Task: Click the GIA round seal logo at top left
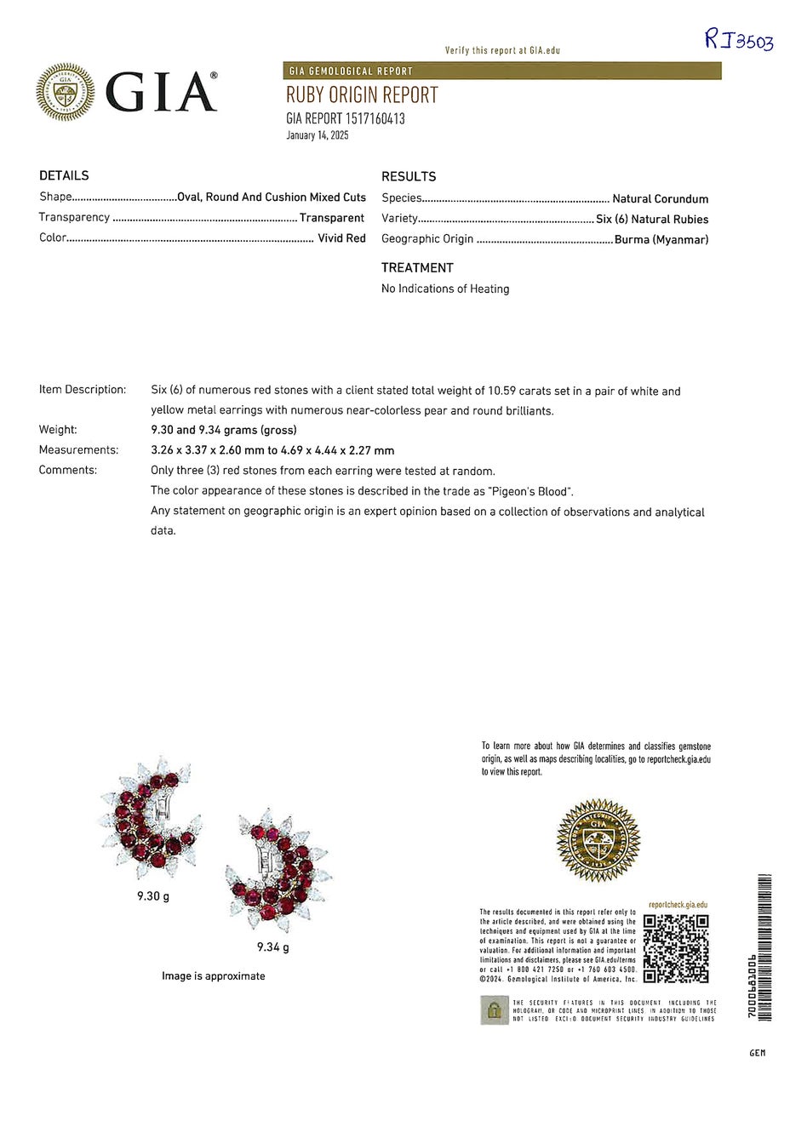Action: tap(66, 92)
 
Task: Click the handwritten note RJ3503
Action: tap(738, 39)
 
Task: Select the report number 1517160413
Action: tap(375, 119)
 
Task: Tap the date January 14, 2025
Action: tap(318, 135)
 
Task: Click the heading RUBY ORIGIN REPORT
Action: tap(362, 95)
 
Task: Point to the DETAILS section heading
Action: tap(64, 175)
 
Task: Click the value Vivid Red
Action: tap(341, 238)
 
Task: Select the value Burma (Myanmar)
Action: tap(661, 240)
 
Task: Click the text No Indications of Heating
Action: tap(445, 289)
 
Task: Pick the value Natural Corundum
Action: tap(660, 199)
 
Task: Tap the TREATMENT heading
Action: tap(417, 267)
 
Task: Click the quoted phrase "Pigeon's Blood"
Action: tap(530, 491)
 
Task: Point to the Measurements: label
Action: tap(78, 449)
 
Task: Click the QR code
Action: tap(676, 948)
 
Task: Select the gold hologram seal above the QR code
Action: tap(598, 840)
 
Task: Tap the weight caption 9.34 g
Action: tap(272, 947)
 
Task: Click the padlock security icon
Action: tap(494, 1010)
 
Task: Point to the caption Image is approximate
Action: tap(213, 976)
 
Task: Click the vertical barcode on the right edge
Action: tap(764, 947)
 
